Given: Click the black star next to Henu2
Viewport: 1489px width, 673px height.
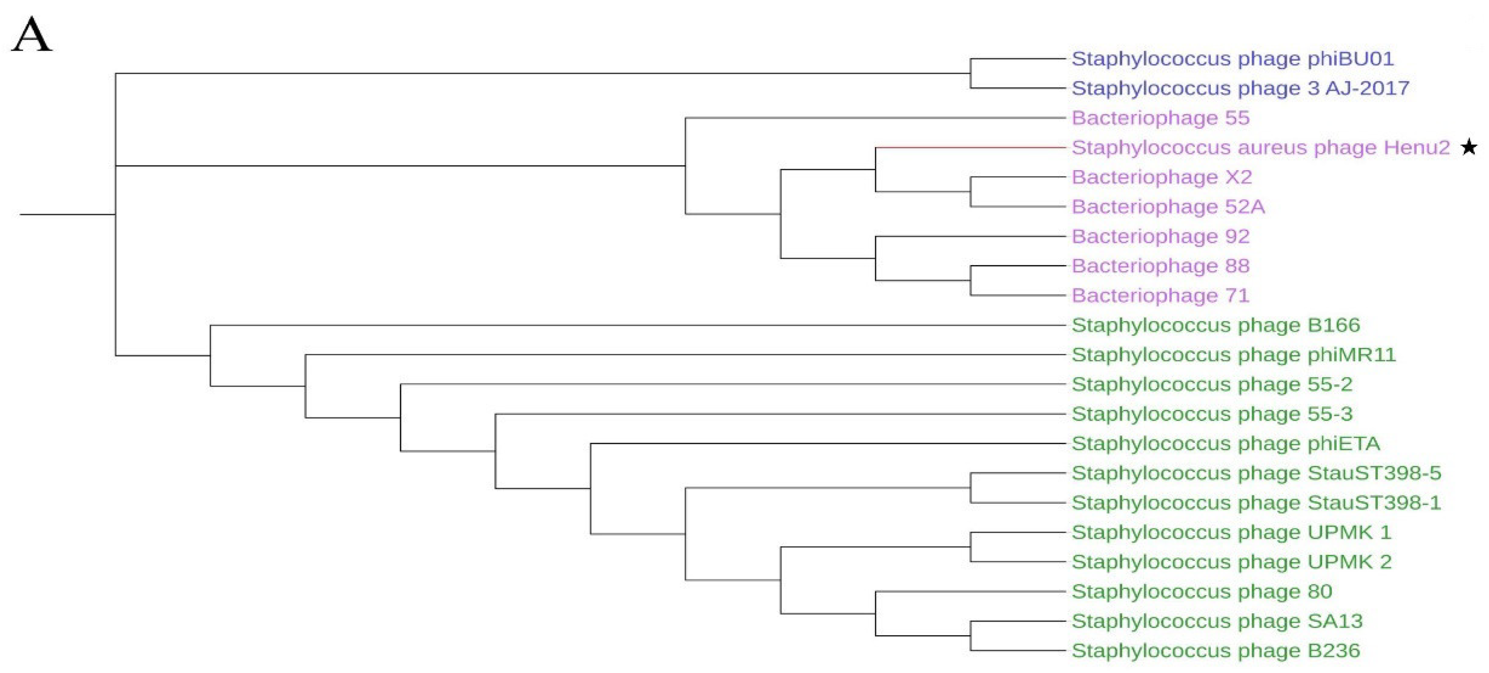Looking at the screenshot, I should (1469, 148).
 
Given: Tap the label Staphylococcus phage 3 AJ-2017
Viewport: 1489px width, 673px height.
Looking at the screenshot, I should (1240, 88).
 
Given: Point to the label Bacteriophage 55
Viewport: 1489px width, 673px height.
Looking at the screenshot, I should (1160, 118).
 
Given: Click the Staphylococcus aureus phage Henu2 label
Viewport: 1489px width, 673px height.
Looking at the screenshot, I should (1260, 148).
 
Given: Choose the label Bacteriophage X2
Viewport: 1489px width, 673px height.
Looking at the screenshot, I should (1161, 177).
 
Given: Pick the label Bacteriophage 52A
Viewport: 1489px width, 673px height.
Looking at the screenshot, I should (1168, 207).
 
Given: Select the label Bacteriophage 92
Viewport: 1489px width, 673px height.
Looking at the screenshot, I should (1160, 236).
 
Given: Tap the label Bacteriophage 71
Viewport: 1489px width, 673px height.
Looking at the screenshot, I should (1160, 296).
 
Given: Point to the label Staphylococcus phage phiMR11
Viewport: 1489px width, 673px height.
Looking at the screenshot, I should (1234, 355).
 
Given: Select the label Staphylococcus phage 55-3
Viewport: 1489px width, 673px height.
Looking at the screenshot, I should (1212, 414).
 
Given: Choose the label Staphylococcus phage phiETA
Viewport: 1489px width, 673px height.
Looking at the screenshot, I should (1225, 444).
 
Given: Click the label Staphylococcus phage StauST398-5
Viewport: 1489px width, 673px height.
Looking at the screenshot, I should (1256, 473).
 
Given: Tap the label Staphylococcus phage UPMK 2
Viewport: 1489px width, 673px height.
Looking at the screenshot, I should (1231, 562).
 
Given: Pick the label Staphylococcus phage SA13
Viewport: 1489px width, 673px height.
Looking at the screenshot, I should (1217, 621).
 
